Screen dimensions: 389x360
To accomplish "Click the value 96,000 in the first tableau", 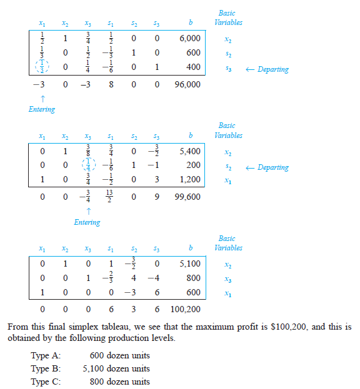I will click(x=188, y=84).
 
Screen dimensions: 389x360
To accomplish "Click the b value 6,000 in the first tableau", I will click(x=189, y=38).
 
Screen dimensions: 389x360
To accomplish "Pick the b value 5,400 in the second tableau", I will click(x=189, y=150).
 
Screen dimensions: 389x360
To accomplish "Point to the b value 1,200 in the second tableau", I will click(x=189, y=179).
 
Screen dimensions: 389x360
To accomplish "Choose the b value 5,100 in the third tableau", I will click(x=189, y=263).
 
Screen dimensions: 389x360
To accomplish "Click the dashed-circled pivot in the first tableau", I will click(x=41, y=67).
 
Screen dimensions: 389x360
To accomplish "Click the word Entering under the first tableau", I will click(x=42, y=109).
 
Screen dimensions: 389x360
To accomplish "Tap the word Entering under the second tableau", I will click(x=87, y=222).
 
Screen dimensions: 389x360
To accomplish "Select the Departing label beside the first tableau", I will click(x=273, y=69).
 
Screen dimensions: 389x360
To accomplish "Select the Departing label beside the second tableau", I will click(x=273, y=167).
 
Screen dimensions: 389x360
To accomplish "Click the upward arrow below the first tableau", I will click(x=42, y=98).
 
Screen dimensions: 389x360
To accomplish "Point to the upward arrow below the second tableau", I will click(x=87, y=210).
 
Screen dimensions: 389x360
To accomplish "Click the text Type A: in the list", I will click(x=46, y=356).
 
